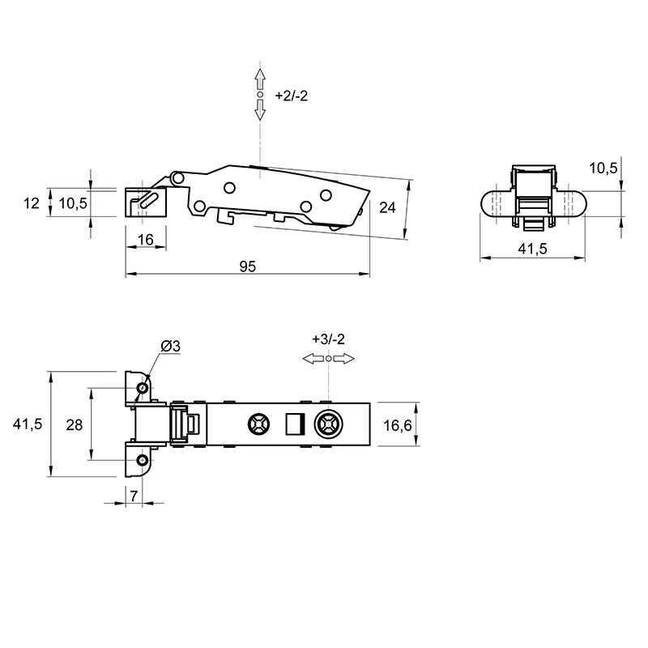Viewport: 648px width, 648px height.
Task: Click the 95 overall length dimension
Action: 248,266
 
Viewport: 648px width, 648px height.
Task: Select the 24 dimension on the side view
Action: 387,207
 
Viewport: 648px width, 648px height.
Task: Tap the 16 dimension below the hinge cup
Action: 146,240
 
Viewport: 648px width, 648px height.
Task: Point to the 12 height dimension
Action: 32,203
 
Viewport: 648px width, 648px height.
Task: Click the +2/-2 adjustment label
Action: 292,96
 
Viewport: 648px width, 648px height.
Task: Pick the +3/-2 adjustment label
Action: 328,339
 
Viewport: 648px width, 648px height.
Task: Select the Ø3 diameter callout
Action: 170,346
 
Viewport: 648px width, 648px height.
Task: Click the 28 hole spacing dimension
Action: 75,424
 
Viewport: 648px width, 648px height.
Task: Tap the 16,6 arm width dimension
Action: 398,425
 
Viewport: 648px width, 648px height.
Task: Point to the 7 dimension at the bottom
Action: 134,497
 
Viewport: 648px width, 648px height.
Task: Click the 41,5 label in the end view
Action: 532,249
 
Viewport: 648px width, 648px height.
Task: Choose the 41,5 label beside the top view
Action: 28,424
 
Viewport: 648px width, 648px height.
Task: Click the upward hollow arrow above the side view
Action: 260,79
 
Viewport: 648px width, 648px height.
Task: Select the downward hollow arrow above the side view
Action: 260,110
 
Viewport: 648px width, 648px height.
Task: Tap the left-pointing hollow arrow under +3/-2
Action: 313,359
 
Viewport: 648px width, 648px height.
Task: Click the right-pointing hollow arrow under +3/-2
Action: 343,359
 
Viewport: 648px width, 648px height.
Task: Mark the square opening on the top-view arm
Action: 296,424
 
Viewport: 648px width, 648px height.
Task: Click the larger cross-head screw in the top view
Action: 329,424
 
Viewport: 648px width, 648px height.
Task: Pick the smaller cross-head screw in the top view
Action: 259,424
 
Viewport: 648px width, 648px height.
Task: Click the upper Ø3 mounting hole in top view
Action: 143,388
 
